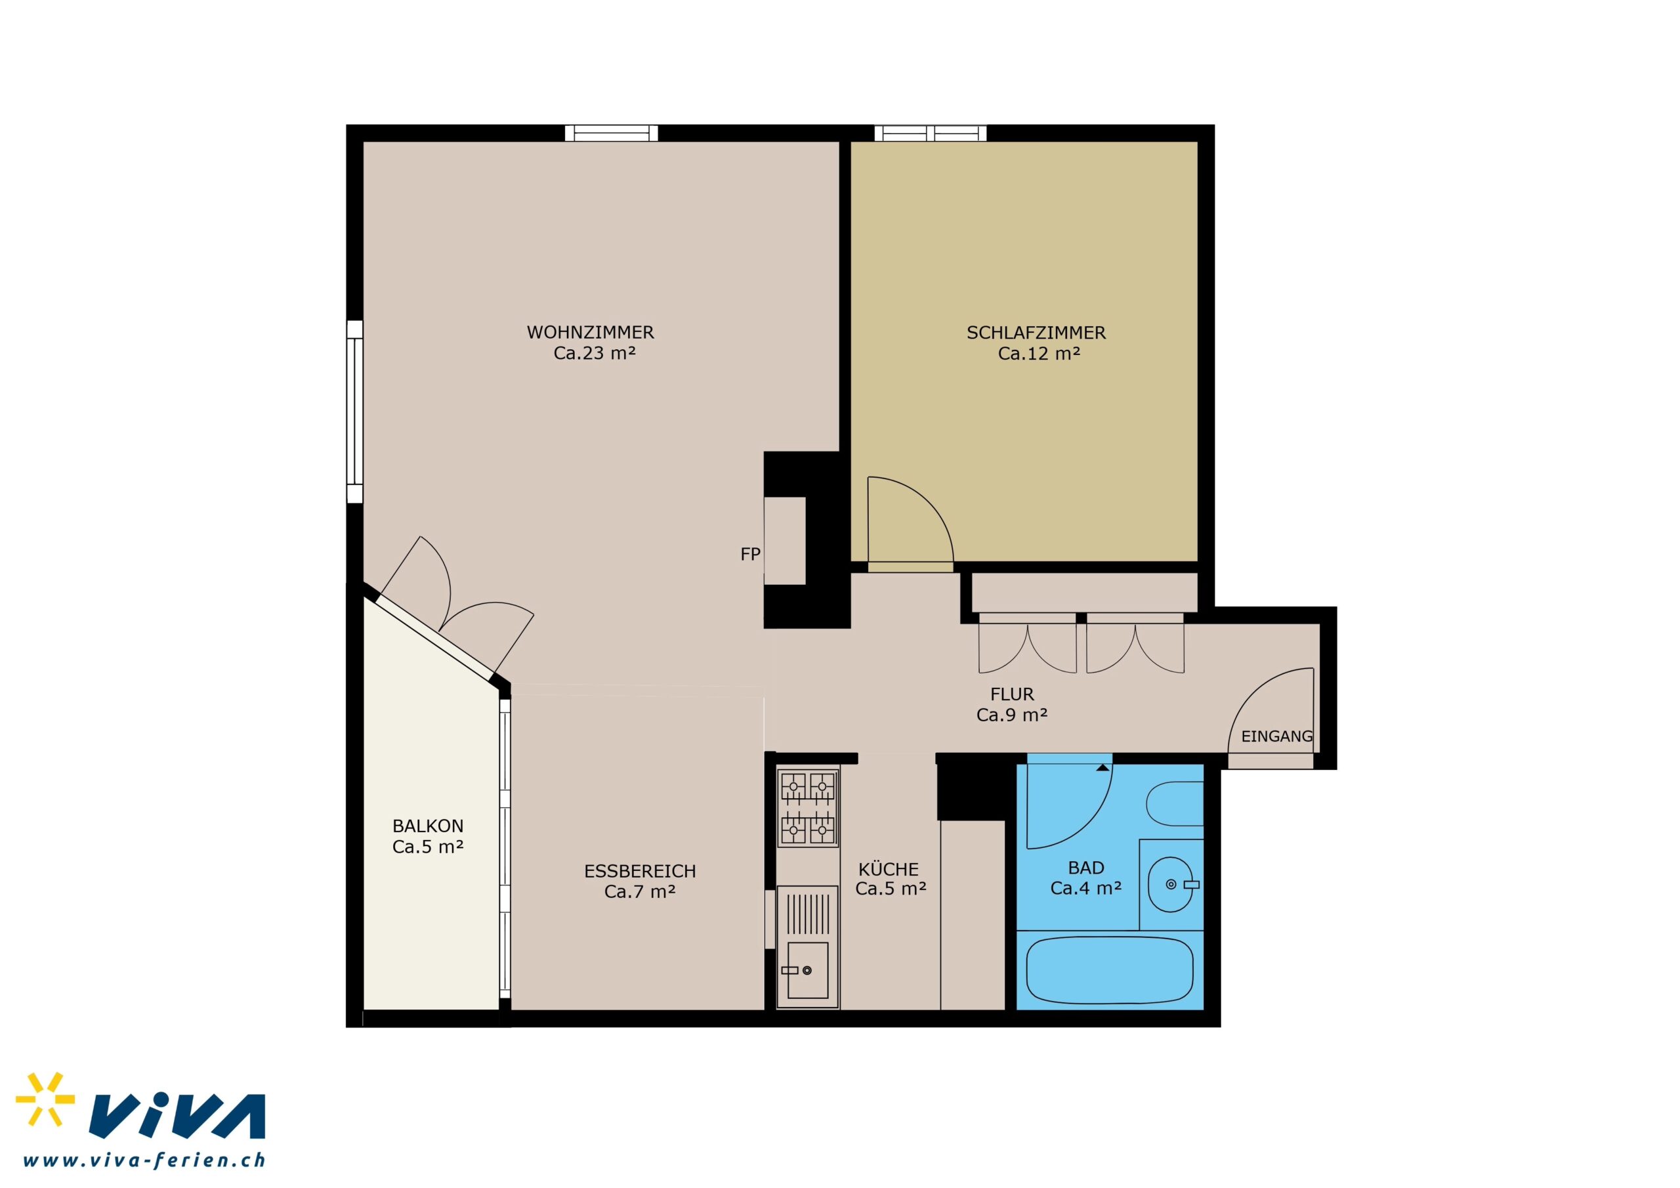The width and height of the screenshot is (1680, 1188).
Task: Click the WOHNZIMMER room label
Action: pos(591,332)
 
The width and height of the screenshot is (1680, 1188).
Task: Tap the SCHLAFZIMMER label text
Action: pos(1036,333)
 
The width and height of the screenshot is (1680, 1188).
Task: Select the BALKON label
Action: pos(428,826)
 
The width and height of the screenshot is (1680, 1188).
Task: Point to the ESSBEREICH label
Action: pos(640,871)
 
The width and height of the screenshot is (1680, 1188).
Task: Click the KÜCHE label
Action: pos(889,869)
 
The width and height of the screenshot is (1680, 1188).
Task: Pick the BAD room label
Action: pos(1086,868)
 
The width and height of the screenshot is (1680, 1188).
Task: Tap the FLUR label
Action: pos(1013,694)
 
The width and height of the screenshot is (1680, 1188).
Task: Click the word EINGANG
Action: pos(1277,736)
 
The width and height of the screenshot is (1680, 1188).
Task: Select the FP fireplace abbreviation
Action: pos(750,554)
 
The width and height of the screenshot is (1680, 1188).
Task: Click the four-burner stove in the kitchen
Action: pos(808,808)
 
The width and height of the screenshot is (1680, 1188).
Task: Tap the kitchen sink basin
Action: pos(808,971)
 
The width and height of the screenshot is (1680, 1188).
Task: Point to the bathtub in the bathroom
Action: pos(1110,971)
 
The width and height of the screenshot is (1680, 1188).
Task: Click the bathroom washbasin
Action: pos(1171,884)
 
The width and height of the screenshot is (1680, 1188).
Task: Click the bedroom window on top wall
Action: pos(930,133)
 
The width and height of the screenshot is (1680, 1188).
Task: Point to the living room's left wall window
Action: pos(354,412)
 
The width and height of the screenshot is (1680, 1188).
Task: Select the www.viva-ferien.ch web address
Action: pos(144,1160)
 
